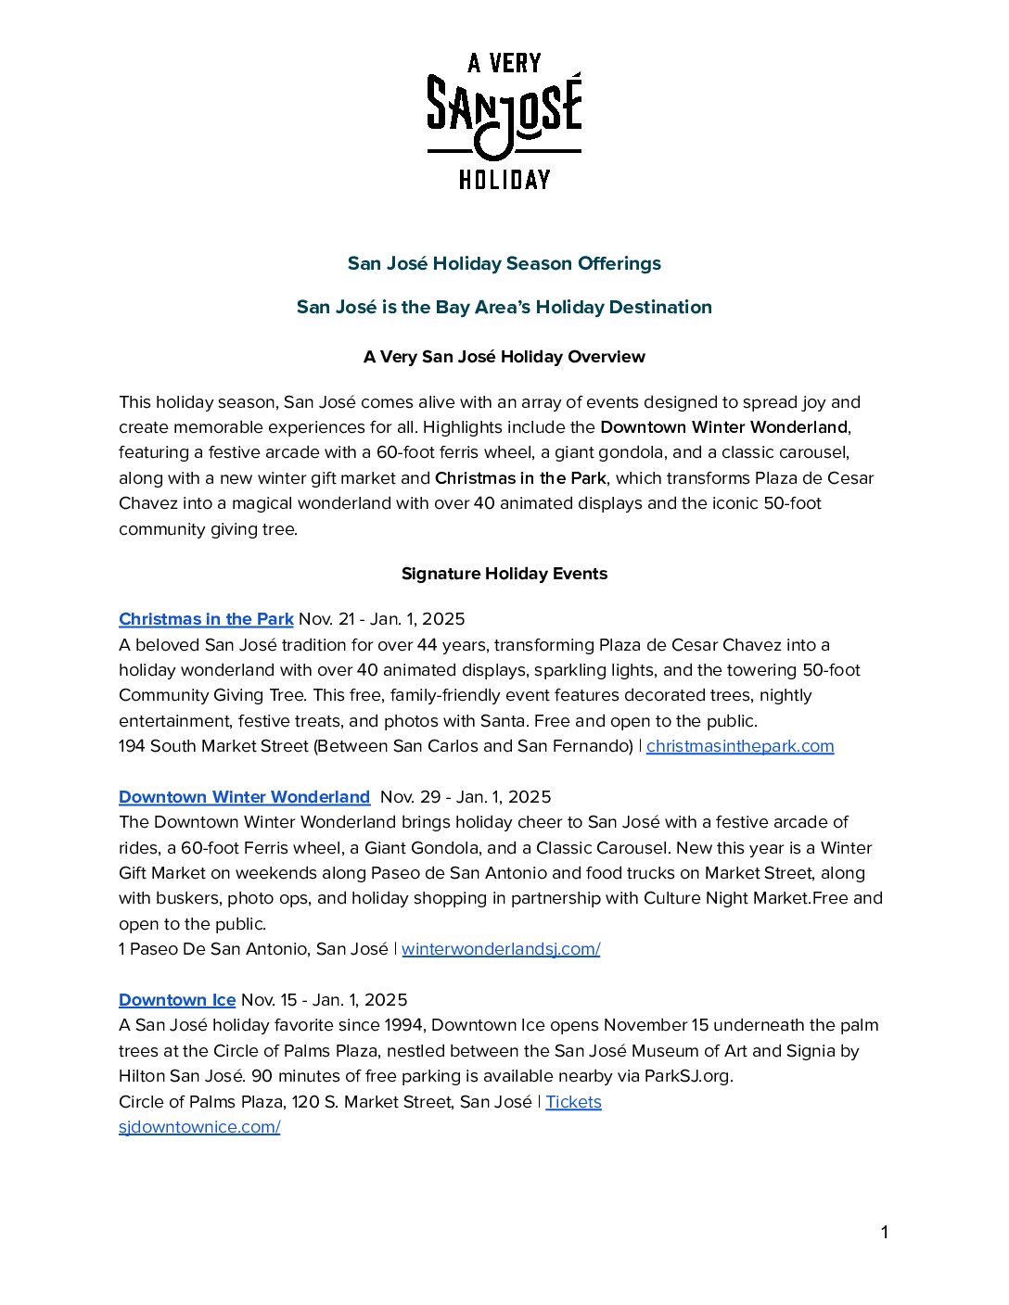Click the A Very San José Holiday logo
(504, 120)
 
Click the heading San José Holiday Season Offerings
(504, 263)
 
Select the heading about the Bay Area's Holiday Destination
(504, 307)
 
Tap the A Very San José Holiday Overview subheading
(504, 357)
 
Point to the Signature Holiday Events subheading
(504, 574)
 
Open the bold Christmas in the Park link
(206, 619)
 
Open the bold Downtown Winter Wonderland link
(244, 797)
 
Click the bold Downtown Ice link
(177, 1000)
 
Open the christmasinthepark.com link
(740, 746)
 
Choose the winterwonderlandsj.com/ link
(501, 949)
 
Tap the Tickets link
(573, 1102)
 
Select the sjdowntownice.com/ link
(199, 1127)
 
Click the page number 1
(884, 1233)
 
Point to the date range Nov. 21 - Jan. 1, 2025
(382, 619)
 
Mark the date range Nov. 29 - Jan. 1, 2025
(466, 797)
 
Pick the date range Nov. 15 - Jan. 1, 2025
(325, 1000)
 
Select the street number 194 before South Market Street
(132, 746)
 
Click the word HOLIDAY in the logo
(504, 179)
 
